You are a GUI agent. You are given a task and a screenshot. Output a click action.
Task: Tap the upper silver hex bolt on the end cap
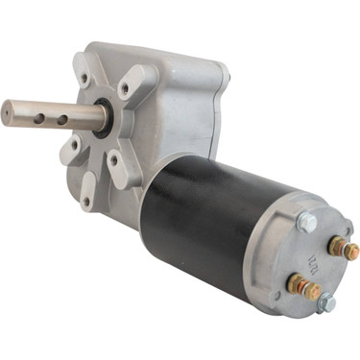(x=307, y=223)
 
